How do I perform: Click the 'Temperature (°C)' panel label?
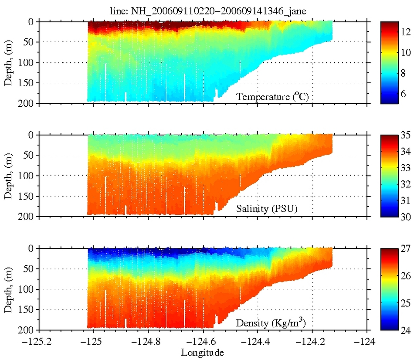273,97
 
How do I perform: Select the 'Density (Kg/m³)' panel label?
273,323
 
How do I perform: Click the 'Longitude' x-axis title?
203,352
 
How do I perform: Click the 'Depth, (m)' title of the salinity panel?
8,176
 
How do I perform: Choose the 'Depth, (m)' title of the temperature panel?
8,62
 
